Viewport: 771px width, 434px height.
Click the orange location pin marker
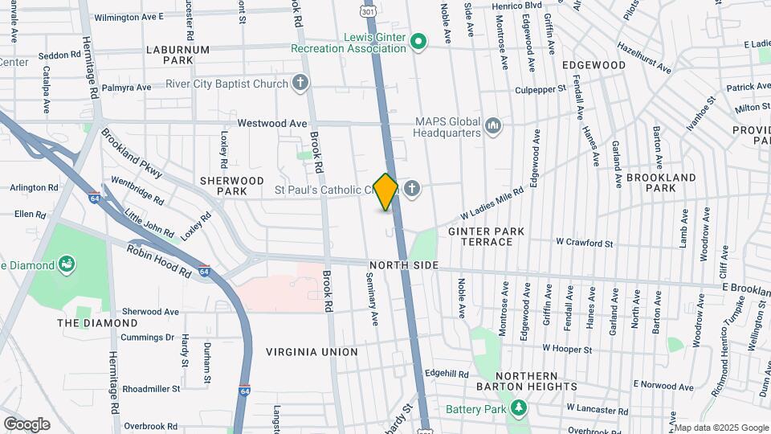point(385,191)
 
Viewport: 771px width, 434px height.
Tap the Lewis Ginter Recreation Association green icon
point(418,41)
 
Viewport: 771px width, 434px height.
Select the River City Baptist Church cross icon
point(300,83)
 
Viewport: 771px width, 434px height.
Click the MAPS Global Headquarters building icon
point(493,125)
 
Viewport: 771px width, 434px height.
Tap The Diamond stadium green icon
point(67,264)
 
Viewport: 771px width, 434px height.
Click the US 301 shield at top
point(368,11)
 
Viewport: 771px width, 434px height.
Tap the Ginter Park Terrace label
point(486,236)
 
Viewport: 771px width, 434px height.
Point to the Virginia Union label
point(312,352)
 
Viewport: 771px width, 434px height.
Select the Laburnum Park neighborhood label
point(177,55)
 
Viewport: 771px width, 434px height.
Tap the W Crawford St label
point(585,243)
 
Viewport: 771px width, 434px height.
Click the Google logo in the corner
point(27,424)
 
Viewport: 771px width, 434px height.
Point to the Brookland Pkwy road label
point(133,153)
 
